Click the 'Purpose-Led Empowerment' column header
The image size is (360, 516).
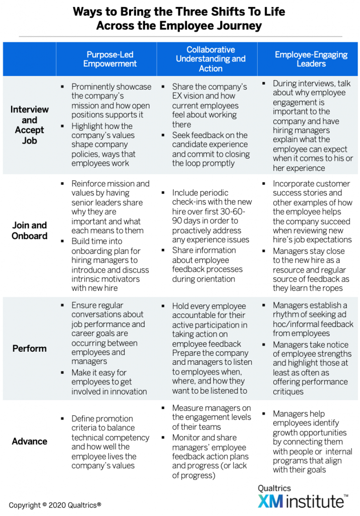[x=110, y=59]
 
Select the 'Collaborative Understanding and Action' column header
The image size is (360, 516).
[x=210, y=59]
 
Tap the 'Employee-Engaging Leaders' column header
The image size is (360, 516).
[x=311, y=59]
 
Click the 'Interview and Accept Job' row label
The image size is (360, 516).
[x=29, y=125]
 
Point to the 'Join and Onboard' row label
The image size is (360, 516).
[x=29, y=230]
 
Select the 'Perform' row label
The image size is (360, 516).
[x=29, y=349]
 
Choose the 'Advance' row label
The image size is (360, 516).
[x=29, y=441]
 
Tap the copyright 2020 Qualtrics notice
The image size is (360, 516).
[x=55, y=505]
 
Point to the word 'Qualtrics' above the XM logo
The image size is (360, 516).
[x=274, y=488]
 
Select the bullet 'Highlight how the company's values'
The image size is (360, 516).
[x=103, y=145]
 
